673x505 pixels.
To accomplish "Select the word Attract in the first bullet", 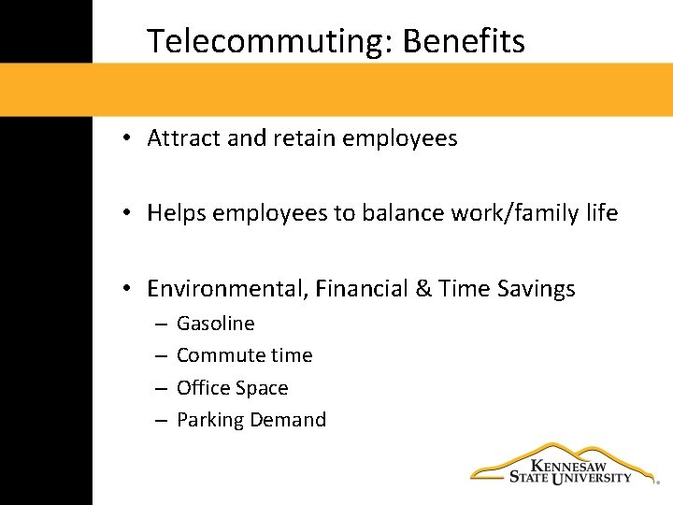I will pos(184,139).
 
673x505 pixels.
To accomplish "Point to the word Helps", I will pos(177,213).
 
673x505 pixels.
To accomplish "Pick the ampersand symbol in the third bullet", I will pos(422,289).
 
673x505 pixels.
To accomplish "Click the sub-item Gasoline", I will pos(216,324).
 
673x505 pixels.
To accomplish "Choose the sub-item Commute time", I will pos(245,355).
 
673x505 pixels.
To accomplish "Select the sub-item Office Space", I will pos(233,388).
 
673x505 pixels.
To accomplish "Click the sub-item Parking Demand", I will pos(251,420).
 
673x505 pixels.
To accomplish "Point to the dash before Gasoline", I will pos(161,325).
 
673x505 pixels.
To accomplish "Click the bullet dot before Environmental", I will pos(125,290).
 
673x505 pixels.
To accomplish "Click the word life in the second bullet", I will pos(603,213).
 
